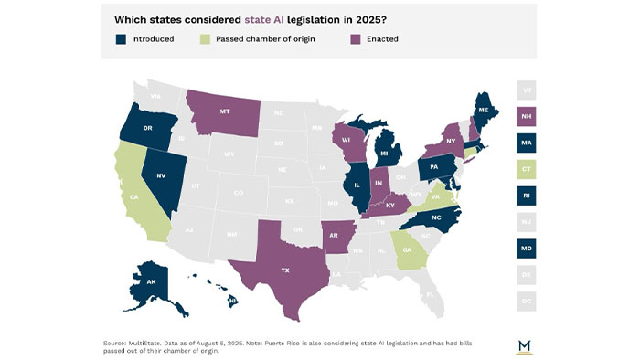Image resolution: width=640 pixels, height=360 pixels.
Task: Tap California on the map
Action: pyautogui.click(x=133, y=196)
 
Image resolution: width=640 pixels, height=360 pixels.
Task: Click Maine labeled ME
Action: pyautogui.click(x=489, y=111)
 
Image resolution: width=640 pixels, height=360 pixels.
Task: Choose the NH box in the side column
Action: pyautogui.click(x=527, y=117)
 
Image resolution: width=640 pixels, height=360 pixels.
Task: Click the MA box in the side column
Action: pyautogui.click(x=527, y=143)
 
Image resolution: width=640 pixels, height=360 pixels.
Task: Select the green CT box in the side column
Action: pyautogui.click(x=527, y=170)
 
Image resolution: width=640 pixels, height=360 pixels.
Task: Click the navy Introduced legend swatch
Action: pyautogui.click(x=121, y=39)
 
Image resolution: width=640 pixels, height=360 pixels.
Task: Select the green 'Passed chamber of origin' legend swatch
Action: pyautogui.click(x=206, y=39)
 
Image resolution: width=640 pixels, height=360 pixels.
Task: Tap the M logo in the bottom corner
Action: pyautogui.click(x=525, y=344)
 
